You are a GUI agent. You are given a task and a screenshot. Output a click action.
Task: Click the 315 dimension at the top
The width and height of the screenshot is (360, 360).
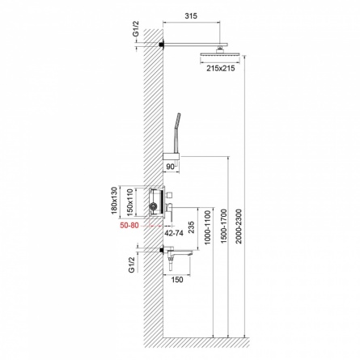[x=191, y=16]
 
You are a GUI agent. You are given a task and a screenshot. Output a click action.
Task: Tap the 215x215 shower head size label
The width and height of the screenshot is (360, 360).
[x=221, y=68]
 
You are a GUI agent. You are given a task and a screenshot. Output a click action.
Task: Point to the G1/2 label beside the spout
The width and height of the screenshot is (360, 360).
[x=131, y=265]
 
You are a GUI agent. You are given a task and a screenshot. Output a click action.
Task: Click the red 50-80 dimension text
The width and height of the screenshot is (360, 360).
[x=129, y=225]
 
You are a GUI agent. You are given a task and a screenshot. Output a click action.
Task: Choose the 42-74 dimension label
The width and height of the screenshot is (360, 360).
[x=174, y=233]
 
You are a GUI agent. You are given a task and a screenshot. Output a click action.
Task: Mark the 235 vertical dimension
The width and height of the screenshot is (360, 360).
[x=191, y=228]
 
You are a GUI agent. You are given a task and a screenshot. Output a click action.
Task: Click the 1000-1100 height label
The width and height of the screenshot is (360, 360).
[x=207, y=228]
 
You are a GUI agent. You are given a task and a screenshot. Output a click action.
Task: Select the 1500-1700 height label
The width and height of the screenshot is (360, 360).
[x=224, y=226]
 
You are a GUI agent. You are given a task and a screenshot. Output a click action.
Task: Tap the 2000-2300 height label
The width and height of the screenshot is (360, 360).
[x=239, y=226]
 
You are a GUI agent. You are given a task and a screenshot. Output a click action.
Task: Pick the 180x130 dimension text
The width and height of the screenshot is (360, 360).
[x=115, y=201]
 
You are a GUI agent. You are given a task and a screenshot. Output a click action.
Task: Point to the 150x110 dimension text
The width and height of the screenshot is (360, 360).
[x=130, y=202]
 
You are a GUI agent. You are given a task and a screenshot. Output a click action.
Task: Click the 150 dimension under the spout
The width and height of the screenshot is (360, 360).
[x=177, y=280]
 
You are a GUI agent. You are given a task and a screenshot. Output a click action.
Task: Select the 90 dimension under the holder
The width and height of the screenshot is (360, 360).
[x=170, y=167]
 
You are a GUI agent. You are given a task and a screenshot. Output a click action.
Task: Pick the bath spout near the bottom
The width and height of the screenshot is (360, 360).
[x=178, y=252]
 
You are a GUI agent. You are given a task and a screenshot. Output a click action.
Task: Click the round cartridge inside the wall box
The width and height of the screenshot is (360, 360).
[x=154, y=208]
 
